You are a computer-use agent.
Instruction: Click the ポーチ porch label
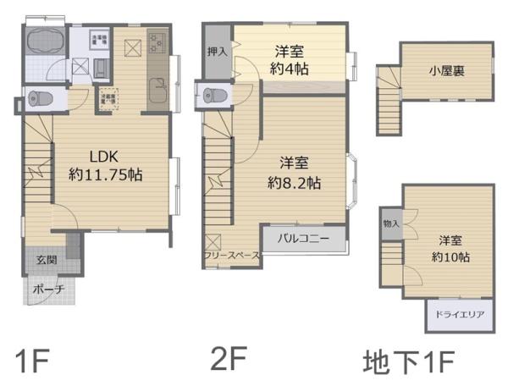45,289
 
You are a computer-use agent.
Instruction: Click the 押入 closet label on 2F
217,52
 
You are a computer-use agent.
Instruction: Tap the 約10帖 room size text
450,256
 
